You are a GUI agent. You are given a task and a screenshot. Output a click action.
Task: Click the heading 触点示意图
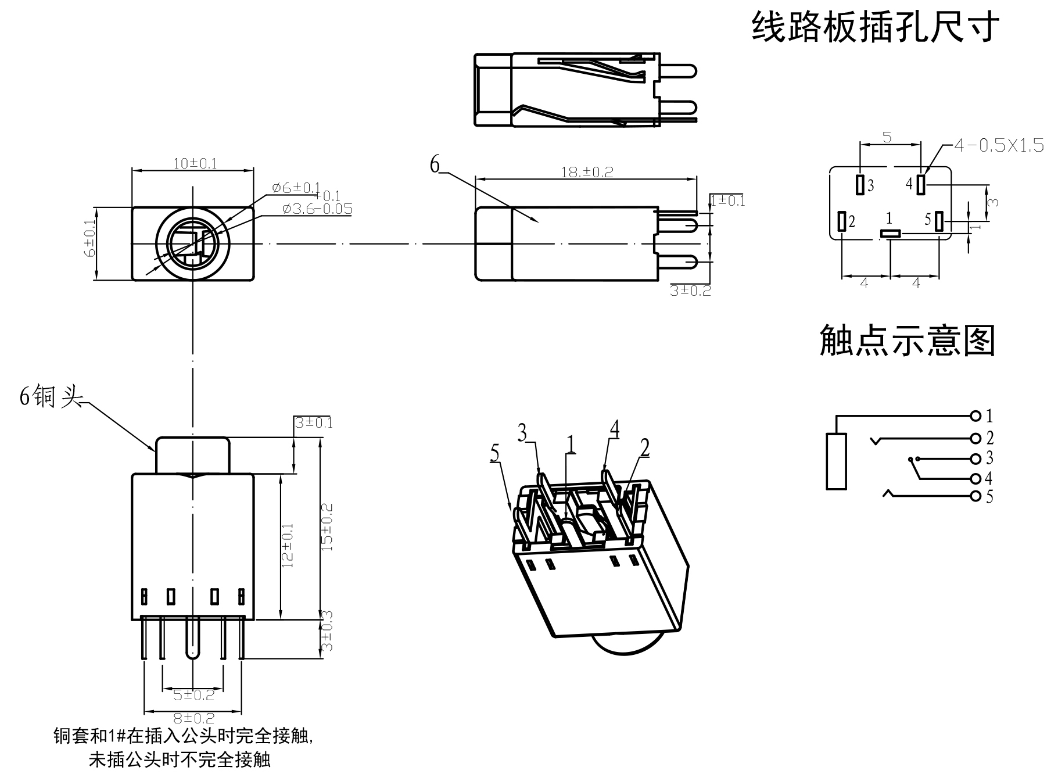pyautogui.click(x=907, y=341)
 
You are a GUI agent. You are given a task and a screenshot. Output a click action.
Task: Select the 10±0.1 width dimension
pyautogui.click(x=195, y=163)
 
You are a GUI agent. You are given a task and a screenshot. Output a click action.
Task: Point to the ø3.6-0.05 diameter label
pyautogui.click(x=317, y=209)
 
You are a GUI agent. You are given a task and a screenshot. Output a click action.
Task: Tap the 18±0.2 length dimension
pyautogui.click(x=587, y=171)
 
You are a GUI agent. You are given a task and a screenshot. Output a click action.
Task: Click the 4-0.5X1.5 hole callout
pyautogui.click(x=999, y=145)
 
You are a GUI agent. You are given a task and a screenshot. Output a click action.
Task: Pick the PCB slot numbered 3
pyautogui.click(x=860, y=184)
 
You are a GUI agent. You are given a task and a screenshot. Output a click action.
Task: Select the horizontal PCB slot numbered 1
pyautogui.click(x=890, y=233)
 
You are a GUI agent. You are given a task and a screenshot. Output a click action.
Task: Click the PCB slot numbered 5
pyautogui.click(x=939, y=221)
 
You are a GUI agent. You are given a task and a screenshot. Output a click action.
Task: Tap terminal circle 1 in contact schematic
pyautogui.click(x=975, y=415)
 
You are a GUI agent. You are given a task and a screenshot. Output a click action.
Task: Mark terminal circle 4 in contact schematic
pyautogui.click(x=975, y=479)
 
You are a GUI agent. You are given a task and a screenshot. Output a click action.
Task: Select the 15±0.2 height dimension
pyautogui.click(x=328, y=527)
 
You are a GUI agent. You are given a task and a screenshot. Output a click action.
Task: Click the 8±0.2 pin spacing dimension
pyautogui.click(x=194, y=719)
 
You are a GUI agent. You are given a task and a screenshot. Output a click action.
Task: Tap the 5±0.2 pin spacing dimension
pyautogui.click(x=194, y=694)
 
